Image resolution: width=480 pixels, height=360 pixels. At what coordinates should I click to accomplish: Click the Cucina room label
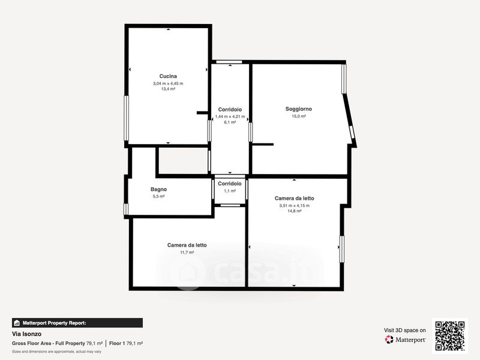coord(168,76)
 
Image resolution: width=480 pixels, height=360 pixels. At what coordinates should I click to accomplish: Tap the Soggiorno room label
coord(298,109)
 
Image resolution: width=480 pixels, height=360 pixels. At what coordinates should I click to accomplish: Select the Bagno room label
coord(158,190)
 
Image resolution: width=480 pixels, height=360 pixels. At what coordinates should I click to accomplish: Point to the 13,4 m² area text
coord(168,89)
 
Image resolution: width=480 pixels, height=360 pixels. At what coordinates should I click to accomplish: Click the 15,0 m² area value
coord(298,116)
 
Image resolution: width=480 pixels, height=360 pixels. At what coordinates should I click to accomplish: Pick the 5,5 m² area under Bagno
coord(158,197)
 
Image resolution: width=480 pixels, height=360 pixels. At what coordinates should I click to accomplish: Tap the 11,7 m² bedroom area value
coord(187,253)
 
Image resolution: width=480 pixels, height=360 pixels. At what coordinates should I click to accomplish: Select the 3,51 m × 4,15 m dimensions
coord(294,206)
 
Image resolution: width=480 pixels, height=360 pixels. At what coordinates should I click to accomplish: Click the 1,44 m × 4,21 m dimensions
coord(230,116)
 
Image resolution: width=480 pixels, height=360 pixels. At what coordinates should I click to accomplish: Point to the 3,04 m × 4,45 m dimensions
coord(168,83)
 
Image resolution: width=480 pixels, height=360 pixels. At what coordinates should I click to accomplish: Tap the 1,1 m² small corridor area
coord(230,191)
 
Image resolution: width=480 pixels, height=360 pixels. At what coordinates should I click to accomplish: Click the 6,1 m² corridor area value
coord(230,122)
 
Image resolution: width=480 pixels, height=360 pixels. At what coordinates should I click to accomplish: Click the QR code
coord(449,336)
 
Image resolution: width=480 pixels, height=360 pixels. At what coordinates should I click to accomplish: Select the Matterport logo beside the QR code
coord(405,340)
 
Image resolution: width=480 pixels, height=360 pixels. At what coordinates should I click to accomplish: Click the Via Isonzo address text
coord(26,334)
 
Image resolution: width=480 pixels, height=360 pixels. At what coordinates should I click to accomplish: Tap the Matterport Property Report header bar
coord(77,323)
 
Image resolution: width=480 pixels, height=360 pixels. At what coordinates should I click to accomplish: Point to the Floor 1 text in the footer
coord(117,343)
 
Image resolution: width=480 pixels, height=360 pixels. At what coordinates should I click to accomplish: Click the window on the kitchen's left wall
coord(126,118)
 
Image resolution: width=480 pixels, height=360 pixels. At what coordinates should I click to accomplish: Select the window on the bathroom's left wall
coord(126,209)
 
